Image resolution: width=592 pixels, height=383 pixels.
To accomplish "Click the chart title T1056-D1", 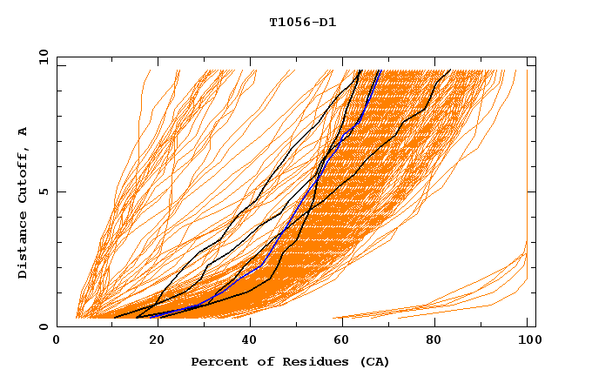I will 302,23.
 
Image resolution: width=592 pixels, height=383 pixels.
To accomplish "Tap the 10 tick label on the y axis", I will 41,57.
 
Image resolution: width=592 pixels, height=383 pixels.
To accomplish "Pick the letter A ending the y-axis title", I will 24,131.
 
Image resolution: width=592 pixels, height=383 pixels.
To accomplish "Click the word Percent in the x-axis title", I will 219,361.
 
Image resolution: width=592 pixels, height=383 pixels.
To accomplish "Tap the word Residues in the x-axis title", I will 307,361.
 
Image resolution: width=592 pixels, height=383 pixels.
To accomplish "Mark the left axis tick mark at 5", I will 60,191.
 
